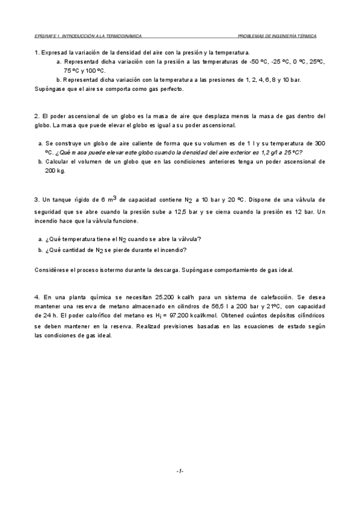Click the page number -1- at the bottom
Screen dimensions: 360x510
point(180,471)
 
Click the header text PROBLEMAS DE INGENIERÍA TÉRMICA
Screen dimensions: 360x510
point(277,36)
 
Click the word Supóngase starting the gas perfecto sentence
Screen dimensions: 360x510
point(49,89)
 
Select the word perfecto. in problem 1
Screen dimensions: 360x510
point(170,89)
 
